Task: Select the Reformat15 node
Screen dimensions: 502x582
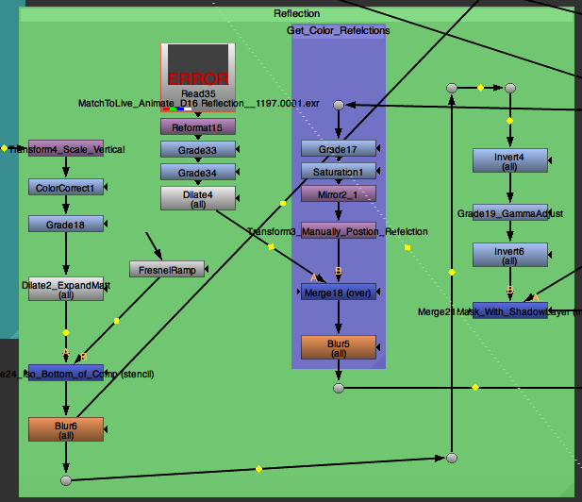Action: click(x=197, y=126)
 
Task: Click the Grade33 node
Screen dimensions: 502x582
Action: click(x=197, y=149)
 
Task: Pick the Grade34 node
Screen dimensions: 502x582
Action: click(x=197, y=172)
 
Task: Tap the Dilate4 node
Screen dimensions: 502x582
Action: click(x=197, y=198)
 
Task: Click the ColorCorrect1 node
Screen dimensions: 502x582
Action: click(x=65, y=187)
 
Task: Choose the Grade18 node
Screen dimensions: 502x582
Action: click(x=65, y=225)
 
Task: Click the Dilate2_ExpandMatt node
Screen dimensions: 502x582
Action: click(x=65, y=289)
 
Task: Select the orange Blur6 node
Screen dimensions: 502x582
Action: click(x=65, y=429)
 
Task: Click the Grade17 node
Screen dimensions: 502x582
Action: click(x=338, y=148)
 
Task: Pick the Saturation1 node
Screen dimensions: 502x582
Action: click(x=338, y=171)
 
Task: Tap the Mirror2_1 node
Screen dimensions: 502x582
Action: click(x=338, y=193)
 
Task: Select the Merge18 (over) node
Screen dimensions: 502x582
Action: click(x=338, y=292)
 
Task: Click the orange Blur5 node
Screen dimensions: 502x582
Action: click(x=338, y=347)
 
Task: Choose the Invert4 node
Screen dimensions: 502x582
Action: click(x=509, y=160)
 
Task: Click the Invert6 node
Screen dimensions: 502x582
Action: click(x=509, y=255)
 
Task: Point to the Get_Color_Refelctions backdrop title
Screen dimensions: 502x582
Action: click(x=338, y=31)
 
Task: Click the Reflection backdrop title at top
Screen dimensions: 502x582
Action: click(x=296, y=14)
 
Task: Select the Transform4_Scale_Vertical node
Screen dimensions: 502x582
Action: click(x=65, y=149)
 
